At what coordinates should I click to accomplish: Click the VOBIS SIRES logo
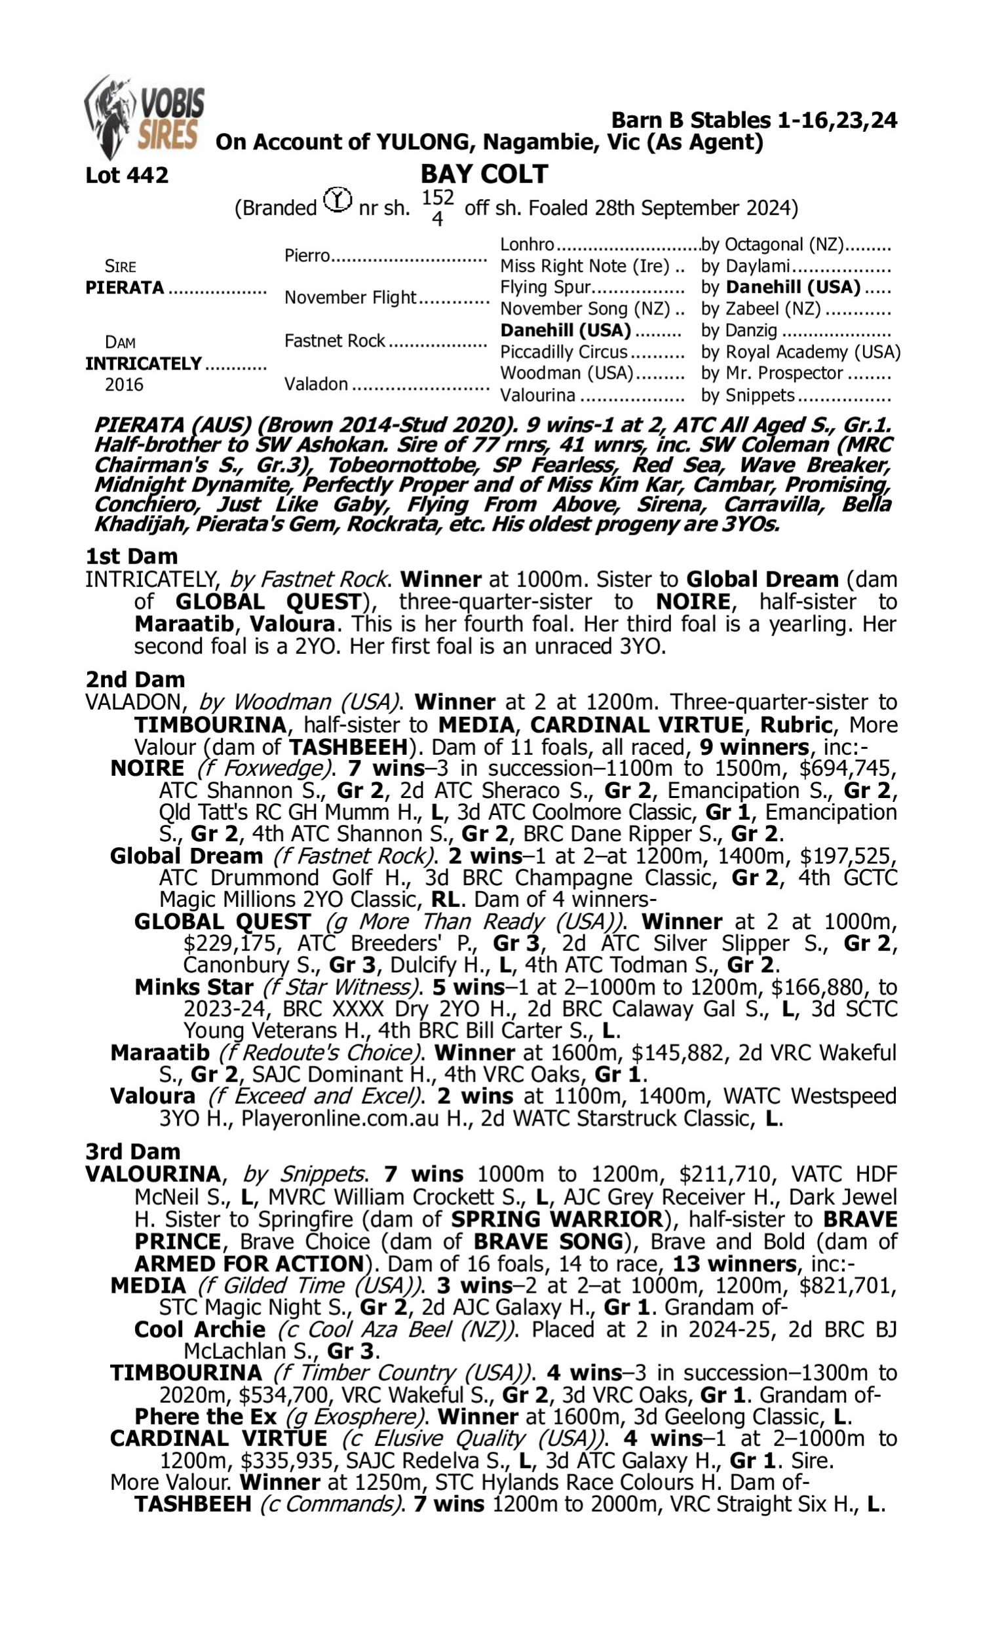[144, 117]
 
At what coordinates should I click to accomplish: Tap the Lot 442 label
[126, 176]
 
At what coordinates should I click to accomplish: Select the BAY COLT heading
[484, 174]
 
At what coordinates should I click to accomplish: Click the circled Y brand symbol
[337, 200]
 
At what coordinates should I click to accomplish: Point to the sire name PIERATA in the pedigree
[125, 288]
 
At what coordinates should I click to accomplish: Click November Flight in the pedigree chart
[350, 298]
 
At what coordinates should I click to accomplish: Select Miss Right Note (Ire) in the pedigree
[585, 266]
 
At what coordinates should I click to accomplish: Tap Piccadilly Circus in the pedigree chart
[563, 352]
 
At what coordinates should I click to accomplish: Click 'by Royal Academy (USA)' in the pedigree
[800, 352]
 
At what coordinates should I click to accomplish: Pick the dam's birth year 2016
[124, 385]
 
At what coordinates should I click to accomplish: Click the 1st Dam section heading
[131, 556]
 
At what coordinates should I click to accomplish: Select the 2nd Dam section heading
[134, 679]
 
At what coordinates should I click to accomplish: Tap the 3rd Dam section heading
[132, 1151]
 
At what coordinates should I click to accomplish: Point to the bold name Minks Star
[193, 987]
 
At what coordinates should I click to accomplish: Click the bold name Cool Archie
[199, 1329]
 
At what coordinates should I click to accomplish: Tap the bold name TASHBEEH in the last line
[193, 1504]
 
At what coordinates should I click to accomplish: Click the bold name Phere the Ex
[205, 1417]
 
